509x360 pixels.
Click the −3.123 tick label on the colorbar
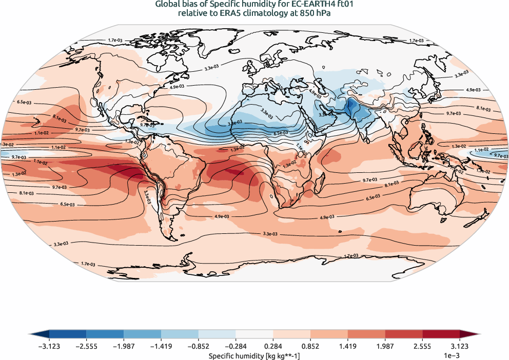(49, 346)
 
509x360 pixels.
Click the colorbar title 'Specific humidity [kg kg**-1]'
(254, 355)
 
